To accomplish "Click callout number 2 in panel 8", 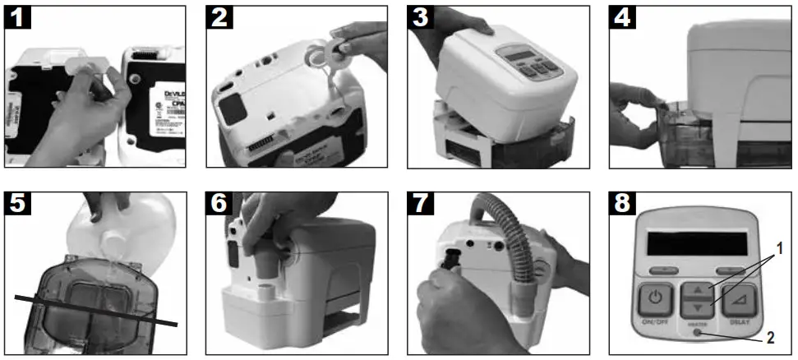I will [770, 337].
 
